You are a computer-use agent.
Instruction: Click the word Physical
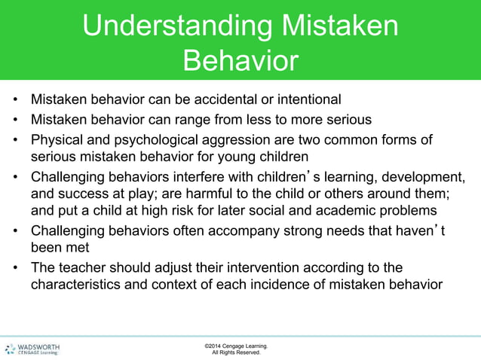point(56,139)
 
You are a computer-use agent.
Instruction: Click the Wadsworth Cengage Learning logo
point(33,348)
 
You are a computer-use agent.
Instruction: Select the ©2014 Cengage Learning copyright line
point(235,345)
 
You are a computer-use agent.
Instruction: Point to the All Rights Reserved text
point(236,352)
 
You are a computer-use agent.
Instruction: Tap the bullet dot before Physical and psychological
point(14,140)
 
